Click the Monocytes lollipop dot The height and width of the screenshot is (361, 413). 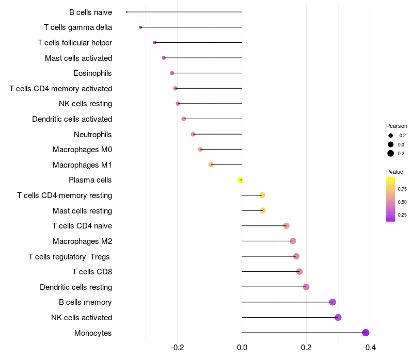click(x=366, y=333)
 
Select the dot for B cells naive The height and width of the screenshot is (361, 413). click(x=126, y=12)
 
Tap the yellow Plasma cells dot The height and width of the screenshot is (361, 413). click(x=240, y=180)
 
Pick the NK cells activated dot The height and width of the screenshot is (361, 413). click(x=338, y=317)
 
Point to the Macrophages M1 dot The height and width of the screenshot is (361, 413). click(x=211, y=165)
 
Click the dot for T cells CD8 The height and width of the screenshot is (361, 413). click(x=299, y=272)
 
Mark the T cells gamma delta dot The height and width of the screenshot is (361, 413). click(x=140, y=27)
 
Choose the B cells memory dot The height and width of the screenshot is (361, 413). click(x=332, y=302)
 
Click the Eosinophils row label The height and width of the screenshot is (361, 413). click(x=92, y=73)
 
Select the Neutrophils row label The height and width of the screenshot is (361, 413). click(x=93, y=135)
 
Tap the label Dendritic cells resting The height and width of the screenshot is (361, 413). click(x=76, y=287)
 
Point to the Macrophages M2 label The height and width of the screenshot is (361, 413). click(x=82, y=241)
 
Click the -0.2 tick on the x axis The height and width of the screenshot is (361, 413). click(x=178, y=347)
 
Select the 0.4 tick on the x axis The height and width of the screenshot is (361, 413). click(x=370, y=347)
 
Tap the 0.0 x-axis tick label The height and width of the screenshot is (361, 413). click(x=242, y=347)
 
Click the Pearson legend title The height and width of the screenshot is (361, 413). click(x=396, y=126)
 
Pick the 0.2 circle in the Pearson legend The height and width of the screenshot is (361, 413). click(x=391, y=153)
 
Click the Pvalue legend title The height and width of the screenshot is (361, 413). click(x=394, y=172)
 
